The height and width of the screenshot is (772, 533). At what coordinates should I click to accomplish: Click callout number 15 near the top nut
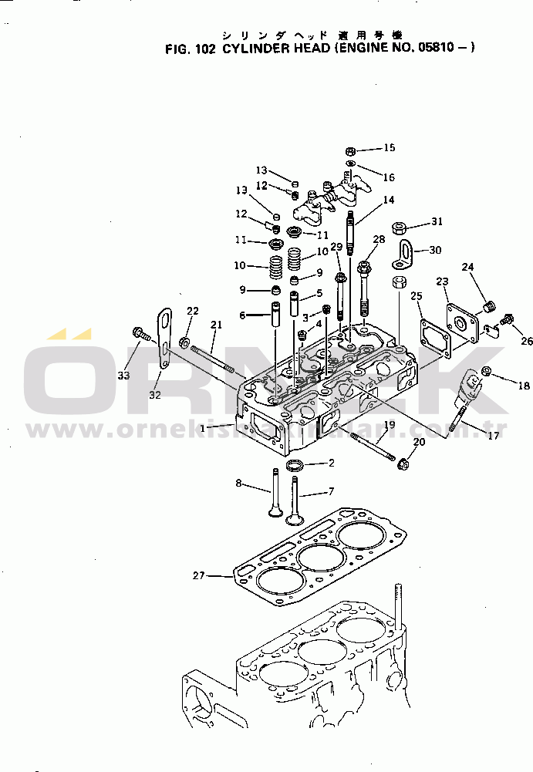(x=389, y=147)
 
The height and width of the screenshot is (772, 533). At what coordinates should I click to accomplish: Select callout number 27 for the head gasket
(x=199, y=575)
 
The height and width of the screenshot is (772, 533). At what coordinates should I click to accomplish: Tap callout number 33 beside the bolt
(x=123, y=375)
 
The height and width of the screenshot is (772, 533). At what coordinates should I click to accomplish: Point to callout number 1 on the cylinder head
(x=203, y=426)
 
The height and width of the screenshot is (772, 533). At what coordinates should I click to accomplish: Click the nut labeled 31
(x=399, y=228)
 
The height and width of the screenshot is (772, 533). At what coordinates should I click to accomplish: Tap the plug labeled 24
(x=487, y=309)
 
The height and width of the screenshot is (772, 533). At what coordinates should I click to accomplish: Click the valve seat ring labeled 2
(x=294, y=466)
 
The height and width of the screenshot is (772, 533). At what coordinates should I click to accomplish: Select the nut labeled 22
(x=184, y=341)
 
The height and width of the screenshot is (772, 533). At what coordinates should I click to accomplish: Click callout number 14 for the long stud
(x=388, y=201)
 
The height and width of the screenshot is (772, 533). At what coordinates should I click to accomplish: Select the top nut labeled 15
(x=349, y=150)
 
